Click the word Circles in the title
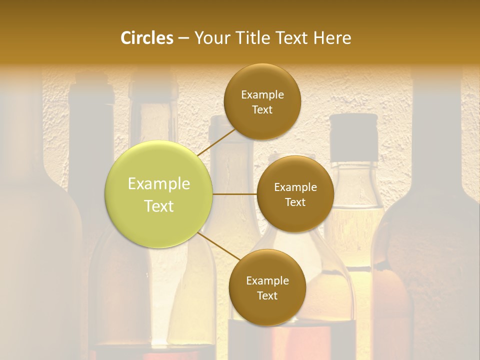tap(147, 38)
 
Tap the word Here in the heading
tap(332, 38)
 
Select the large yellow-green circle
tap(159, 194)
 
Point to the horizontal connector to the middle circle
tap(235, 194)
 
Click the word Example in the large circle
tap(159, 184)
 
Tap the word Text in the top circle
tap(262, 110)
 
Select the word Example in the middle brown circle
tap(295, 187)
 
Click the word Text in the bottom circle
tap(267, 295)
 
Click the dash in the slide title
tap(183, 38)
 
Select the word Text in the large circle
tap(159, 206)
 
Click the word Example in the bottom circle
tap(267, 280)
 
